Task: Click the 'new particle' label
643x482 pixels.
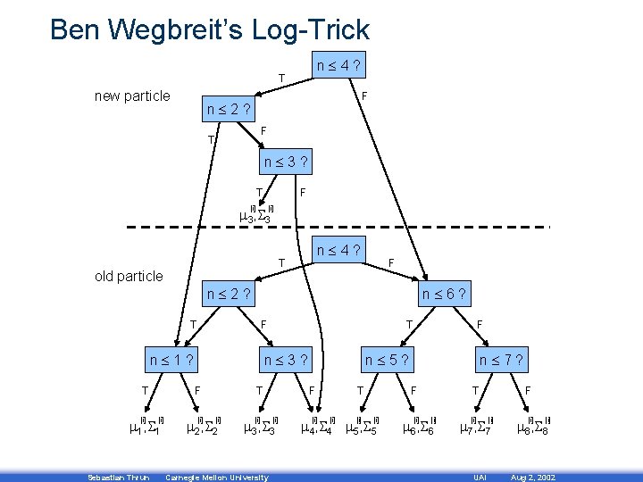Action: pos(132,96)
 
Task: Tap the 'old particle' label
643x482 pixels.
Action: pos(129,276)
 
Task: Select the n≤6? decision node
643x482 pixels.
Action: pos(447,294)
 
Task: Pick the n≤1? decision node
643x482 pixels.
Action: pos(171,361)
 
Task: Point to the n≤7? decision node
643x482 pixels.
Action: pos(502,361)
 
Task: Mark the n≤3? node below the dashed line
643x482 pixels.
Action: pos(286,361)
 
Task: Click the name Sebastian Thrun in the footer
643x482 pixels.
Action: pos(113,478)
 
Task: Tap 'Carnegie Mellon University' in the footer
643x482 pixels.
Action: pos(217,478)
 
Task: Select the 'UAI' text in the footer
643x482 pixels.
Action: pos(479,478)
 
